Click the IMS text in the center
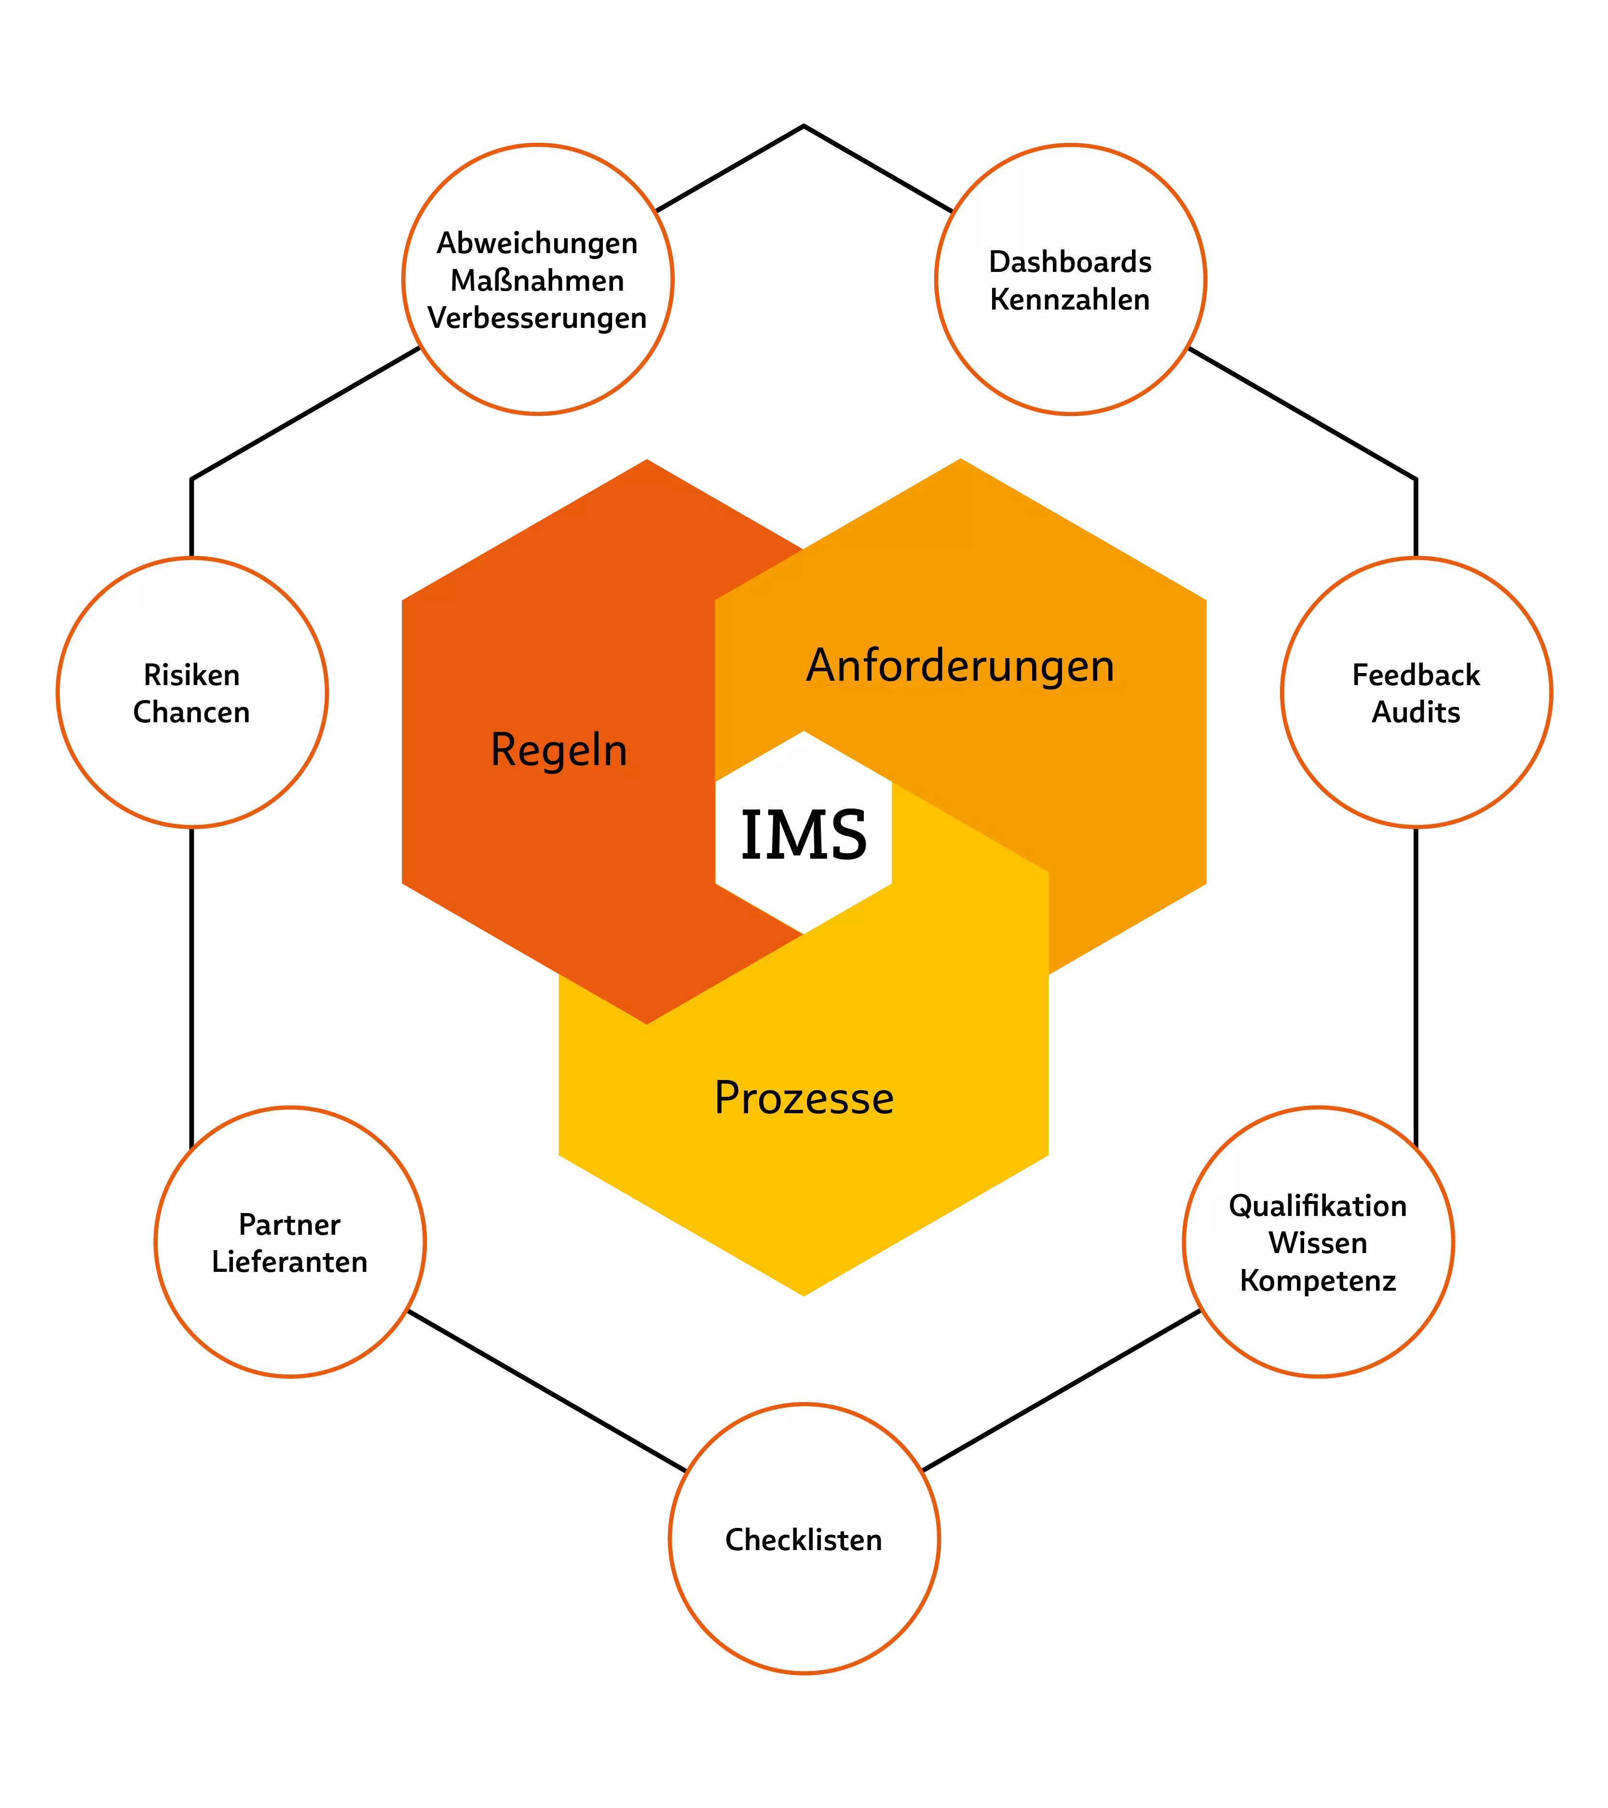pyautogui.click(x=804, y=835)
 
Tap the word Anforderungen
pyautogui.click(x=960, y=666)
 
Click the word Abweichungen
pyautogui.click(x=537, y=244)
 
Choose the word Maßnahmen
pyautogui.click(x=537, y=281)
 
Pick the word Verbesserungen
pyautogui.click(x=537, y=318)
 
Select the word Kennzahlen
pyautogui.click(x=1070, y=300)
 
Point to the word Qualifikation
pyautogui.click(x=1318, y=1206)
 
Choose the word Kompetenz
pyautogui.click(x=1318, y=1282)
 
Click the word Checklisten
pyautogui.click(x=804, y=1540)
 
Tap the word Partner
pyautogui.click(x=289, y=1225)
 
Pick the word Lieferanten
pyautogui.click(x=289, y=1262)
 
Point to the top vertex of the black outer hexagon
pyautogui.click(x=804, y=126)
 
